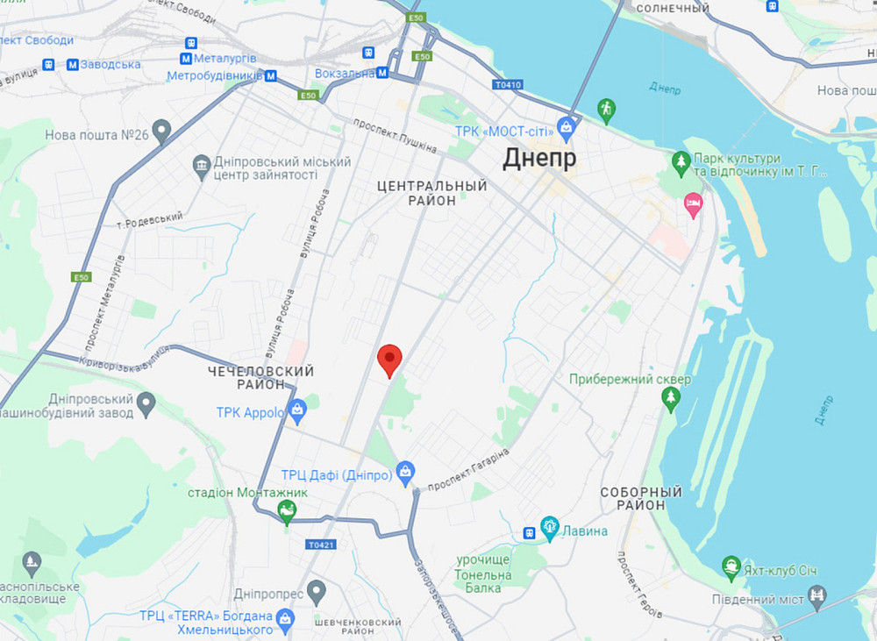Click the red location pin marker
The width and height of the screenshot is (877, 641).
pos(389,359)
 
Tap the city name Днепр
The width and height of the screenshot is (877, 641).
pos(539,159)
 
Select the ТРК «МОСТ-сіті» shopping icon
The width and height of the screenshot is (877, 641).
pos(567,131)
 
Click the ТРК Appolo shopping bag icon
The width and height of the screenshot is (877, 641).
pos(298,410)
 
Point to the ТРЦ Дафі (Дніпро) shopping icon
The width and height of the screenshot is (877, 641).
pos(404,473)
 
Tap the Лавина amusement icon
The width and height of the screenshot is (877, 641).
pos(550,526)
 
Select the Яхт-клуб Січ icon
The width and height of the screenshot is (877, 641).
pos(731,566)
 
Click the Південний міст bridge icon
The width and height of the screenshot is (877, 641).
pos(817,596)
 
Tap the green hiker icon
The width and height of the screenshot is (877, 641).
pos(605,109)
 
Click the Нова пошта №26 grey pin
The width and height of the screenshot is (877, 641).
pos(160,132)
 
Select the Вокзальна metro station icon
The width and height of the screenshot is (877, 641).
pos(382,74)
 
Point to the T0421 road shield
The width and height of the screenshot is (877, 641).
pos(321,545)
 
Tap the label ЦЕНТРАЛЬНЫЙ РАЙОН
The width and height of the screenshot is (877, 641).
pos(431,193)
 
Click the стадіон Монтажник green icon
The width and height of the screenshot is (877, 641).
pos(287,511)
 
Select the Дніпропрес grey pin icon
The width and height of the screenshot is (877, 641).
pos(317,591)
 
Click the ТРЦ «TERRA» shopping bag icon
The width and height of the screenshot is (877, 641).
pos(285,620)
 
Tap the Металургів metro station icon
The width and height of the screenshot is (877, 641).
pos(186,58)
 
